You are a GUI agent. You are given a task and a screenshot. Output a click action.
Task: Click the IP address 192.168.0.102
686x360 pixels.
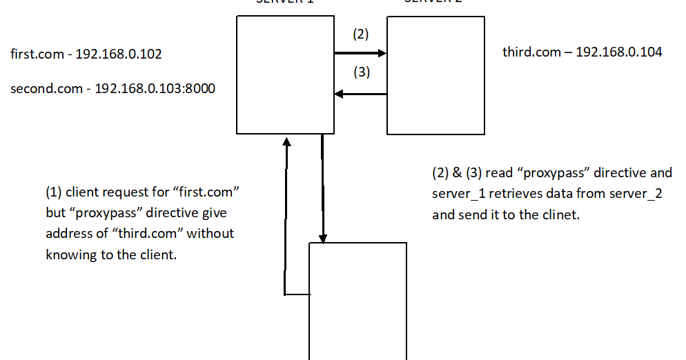(119, 54)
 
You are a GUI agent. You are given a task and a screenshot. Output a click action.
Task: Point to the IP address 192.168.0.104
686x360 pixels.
(619, 52)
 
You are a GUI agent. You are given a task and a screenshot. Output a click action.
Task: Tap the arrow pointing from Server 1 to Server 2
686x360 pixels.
(360, 53)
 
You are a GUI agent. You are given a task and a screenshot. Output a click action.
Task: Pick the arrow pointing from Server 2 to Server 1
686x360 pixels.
(360, 94)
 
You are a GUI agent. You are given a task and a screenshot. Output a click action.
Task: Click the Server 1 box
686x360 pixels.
(285, 75)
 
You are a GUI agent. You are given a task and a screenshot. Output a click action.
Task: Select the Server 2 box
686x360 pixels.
(435, 75)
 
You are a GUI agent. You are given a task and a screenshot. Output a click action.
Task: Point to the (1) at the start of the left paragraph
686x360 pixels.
(54, 190)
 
